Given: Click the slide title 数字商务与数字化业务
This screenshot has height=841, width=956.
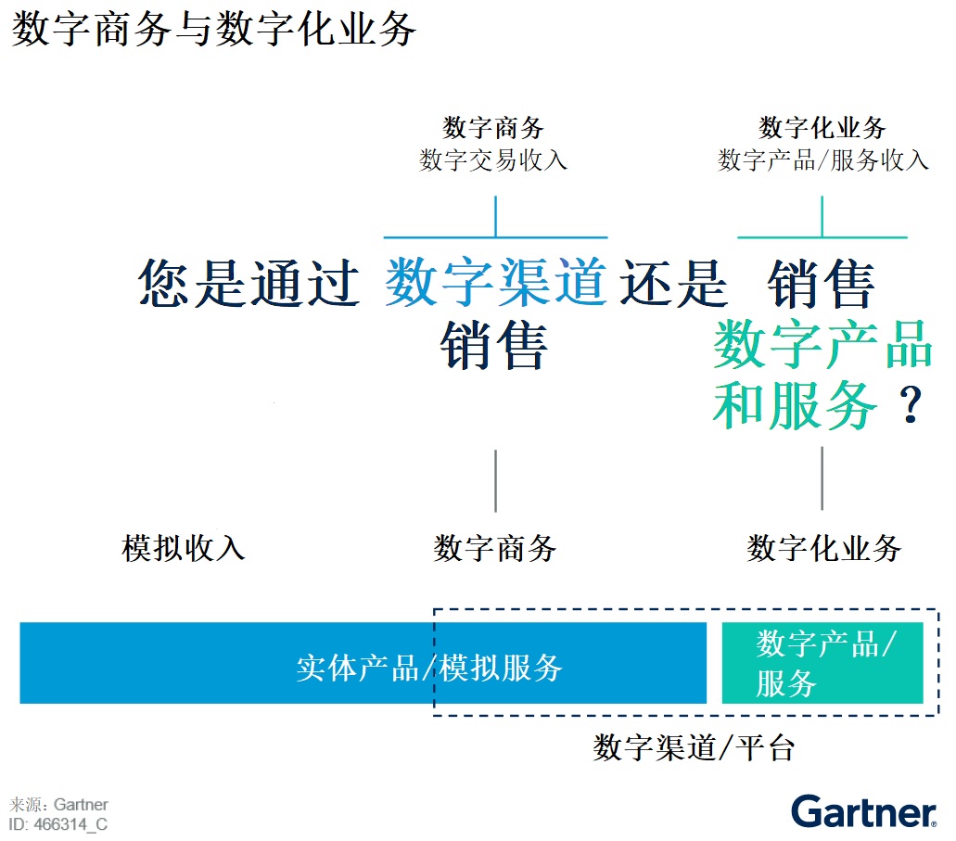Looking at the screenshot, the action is point(214,29).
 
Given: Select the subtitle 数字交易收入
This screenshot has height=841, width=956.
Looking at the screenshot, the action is point(493,160).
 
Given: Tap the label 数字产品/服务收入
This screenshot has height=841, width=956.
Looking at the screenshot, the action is point(823,160).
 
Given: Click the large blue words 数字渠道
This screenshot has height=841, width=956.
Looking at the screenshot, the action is point(496,283).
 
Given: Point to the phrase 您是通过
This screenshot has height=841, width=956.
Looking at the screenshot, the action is point(249,283).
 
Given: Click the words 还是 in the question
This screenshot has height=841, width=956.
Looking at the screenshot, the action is point(674,283).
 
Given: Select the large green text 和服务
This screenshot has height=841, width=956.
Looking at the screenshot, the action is point(795,405).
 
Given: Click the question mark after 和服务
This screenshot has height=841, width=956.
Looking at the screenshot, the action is point(911,405).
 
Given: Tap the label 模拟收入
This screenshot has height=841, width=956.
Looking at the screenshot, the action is point(184,548).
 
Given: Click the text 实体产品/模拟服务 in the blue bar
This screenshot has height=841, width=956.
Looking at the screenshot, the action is point(429,668).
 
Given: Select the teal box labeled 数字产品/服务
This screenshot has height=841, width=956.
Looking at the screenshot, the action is point(822,663).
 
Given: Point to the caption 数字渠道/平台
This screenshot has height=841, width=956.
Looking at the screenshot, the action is point(694,747).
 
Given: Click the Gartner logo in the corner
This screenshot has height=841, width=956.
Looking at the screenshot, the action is point(864,811).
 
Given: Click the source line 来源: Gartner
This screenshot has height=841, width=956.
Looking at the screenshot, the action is point(58,805).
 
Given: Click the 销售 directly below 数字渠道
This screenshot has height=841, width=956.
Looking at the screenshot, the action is point(494,345).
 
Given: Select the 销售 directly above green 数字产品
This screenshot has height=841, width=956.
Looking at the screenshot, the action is point(822,283).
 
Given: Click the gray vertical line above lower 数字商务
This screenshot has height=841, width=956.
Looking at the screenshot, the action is point(496,481).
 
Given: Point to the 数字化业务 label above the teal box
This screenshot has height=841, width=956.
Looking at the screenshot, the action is point(824,548).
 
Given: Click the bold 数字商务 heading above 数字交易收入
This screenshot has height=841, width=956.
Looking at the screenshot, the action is point(493,127).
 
